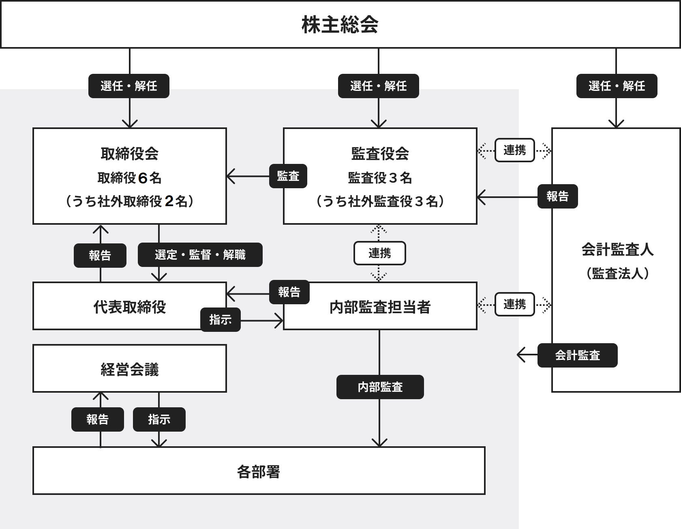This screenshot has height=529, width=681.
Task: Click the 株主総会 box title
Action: coord(340,25)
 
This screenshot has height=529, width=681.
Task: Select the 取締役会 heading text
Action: coord(130,154)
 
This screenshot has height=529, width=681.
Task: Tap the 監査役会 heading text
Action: coord(380,154)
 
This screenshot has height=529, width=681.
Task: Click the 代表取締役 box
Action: coord(130,306)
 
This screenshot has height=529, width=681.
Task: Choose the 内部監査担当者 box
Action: coord(380,306)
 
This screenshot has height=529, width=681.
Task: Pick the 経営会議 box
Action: coord(130,369)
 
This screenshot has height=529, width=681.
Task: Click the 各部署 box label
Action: coord(259,472)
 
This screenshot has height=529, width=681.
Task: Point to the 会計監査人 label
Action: coord(618,249)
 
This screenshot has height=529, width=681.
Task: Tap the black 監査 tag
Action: coord(288,176)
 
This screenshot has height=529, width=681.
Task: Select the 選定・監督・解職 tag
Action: coord(200,255)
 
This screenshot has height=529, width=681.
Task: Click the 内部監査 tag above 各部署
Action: coord(380,387)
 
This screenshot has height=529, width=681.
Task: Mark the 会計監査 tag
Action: coord(578,355)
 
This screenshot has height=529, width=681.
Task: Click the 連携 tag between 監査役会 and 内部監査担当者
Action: coord(380,253)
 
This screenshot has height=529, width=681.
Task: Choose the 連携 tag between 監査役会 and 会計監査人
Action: coord(515,150)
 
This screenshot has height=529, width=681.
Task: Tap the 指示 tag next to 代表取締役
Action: coord(221,320)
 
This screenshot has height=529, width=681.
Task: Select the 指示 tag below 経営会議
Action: coord(159,419)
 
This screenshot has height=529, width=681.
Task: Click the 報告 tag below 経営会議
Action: coord(98,419)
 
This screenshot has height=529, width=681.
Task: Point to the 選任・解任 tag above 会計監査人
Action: coord(617,86)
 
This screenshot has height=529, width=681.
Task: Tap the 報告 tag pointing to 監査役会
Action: coord(558,196)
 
